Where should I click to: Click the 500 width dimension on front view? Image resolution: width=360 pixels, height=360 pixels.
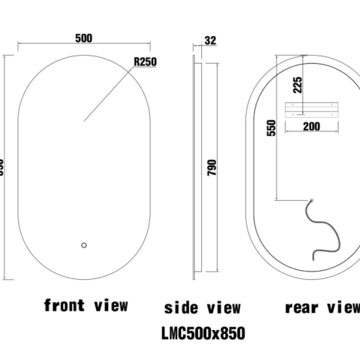point(83,37)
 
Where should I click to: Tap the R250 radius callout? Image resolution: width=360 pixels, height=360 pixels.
point(145,63)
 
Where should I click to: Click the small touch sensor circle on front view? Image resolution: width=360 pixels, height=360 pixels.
point(84,244)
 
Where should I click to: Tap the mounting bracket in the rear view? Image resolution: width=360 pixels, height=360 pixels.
point(310,106)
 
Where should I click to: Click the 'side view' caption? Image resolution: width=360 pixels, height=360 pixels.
point(202,307)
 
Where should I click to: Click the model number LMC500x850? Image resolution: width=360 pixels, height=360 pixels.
point(202,331)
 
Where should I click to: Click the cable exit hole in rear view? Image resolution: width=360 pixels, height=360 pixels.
point(310,199)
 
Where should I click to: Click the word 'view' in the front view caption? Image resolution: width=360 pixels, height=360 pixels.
point(110,305)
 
